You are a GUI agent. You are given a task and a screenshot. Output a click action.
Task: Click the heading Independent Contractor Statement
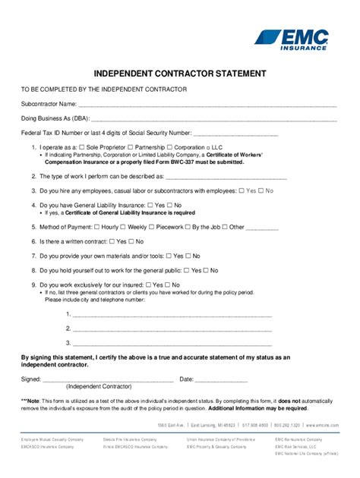point(179,74)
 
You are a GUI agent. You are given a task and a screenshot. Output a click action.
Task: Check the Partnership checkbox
point(131,146)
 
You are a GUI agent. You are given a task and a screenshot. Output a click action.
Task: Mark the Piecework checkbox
point(153,226)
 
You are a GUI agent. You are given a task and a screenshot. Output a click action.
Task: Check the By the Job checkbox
point(188,226)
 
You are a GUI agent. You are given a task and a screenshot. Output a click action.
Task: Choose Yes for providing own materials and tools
point(168,256)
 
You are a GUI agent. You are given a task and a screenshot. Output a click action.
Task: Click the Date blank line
point(222,379)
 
